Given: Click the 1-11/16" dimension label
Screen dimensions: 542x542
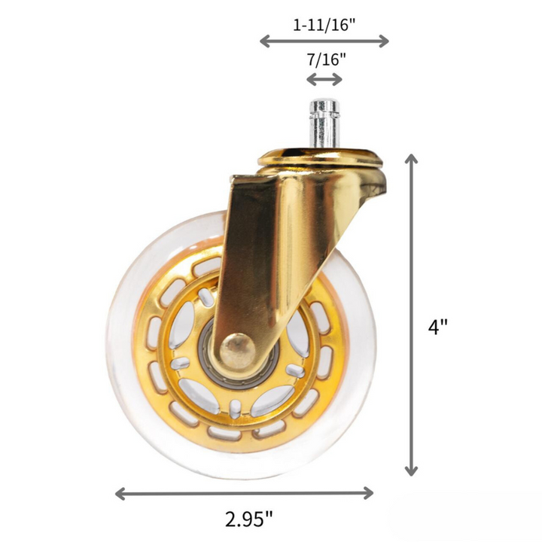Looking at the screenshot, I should (x=324, y=23).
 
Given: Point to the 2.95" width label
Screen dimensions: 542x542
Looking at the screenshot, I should (x=248, y=519).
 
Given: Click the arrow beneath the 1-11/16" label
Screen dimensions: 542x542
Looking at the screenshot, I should (x=324, y=41).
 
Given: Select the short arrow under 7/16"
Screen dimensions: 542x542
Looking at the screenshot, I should (x=324, y=80).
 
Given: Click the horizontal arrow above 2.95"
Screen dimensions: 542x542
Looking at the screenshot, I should (x=244, y=493).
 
